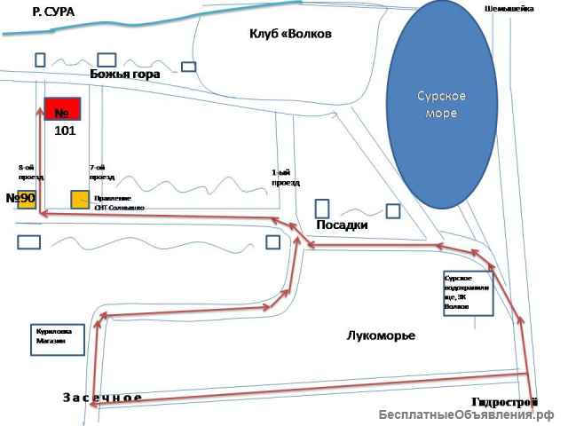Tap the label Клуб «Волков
point(290,34)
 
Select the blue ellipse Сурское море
point(441,105)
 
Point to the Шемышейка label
point(509,8)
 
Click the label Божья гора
point(125,75)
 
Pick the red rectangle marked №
point(63,109)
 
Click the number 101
point(66,130)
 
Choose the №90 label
point(20,197)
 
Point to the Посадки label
point(343,225)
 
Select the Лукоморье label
point(381,335)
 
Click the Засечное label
point(102,397)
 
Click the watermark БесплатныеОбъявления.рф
point(466,415)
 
